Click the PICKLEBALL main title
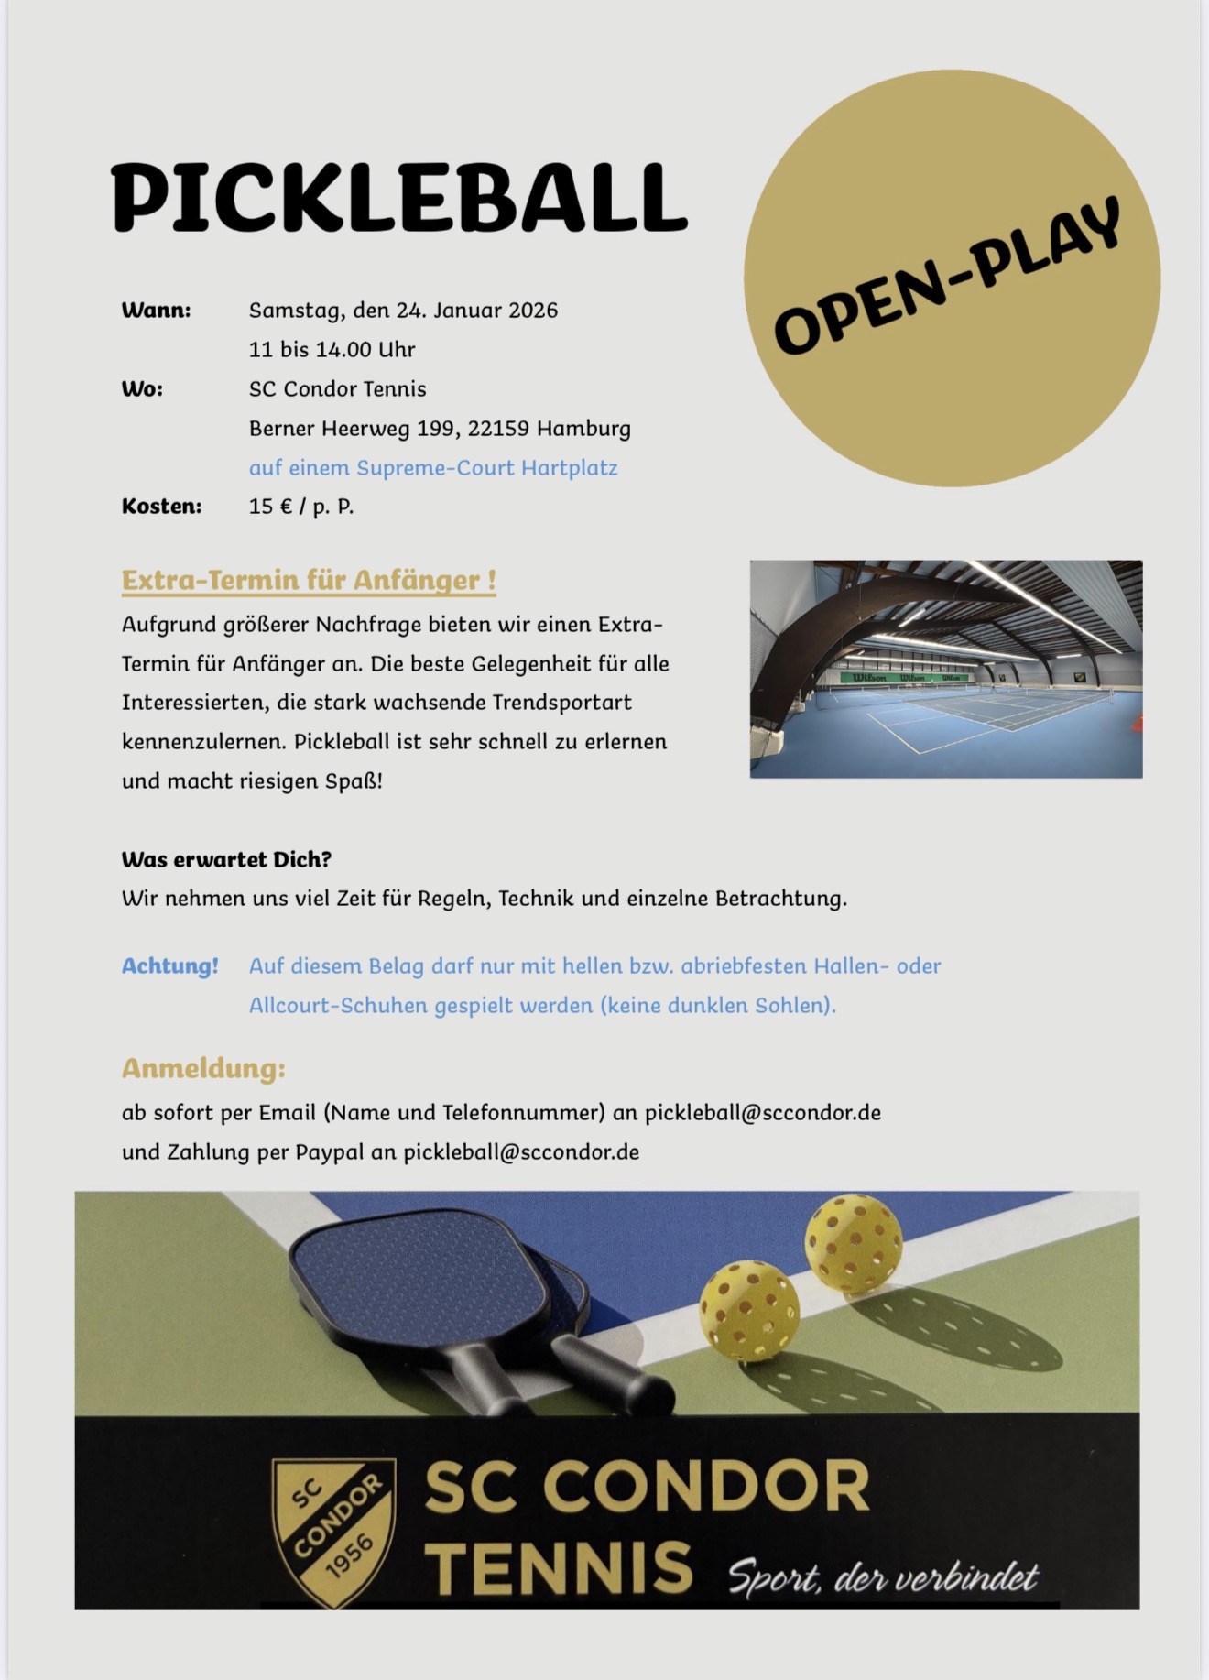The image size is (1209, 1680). (x=398, y=198)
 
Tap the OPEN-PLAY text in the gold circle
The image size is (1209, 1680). (x=949, y=276)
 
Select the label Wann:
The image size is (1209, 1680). (x=156, y=311)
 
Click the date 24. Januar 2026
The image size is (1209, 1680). (x=476, y=311)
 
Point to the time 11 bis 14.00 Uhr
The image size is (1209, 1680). (x=332, y=350)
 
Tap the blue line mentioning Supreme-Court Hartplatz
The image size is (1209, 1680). (x=433, y=468)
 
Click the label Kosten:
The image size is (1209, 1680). (x=161, y=507)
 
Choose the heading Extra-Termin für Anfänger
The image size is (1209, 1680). (x=309, y=581)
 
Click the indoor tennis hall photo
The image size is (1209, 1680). (x=945, y=669)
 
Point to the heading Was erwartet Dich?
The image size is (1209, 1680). (x=226, y=859)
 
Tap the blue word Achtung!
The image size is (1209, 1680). (x=170, y=966)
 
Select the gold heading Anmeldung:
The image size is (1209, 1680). (x=203, y=1069)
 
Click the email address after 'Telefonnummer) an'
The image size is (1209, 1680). (x=762, y=1113)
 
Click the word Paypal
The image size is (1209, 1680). (x=330, y=1152)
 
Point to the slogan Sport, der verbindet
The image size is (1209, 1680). (x=883, y=1577)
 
